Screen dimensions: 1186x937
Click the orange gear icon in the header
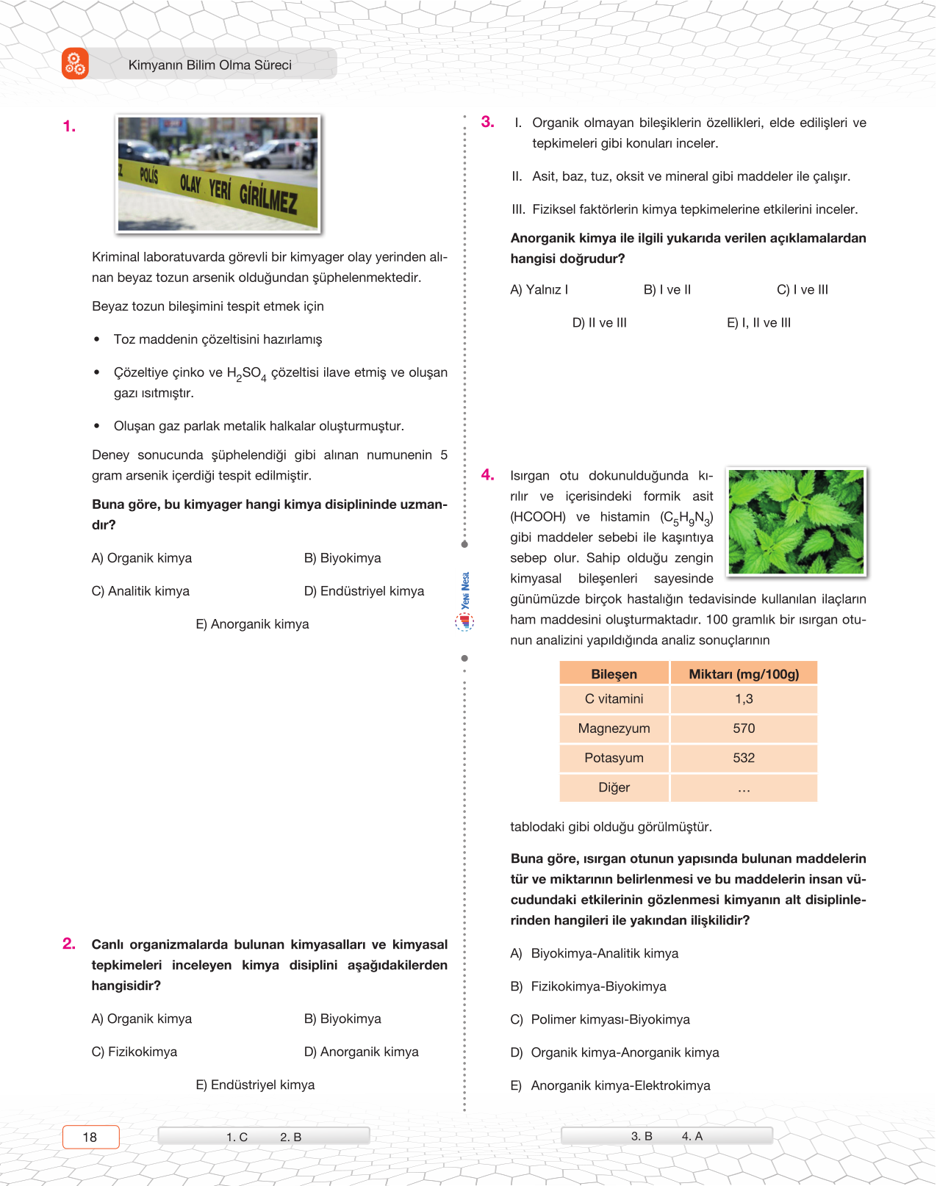point(75,64)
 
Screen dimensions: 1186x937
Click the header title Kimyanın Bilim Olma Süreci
point(209,65)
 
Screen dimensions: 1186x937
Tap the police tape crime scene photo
point(218,174)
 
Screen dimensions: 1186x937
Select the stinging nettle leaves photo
point(796,521)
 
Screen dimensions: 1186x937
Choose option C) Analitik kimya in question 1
point(140,591)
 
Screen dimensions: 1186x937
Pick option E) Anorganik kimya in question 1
point(252,624)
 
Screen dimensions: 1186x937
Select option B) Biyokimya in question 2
point(342,1019)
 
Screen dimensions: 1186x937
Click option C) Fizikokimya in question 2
point(134,1052)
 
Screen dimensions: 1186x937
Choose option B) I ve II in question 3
point(667,289)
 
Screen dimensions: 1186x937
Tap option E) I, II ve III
point(758,322)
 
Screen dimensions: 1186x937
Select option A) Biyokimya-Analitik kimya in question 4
point(595,953)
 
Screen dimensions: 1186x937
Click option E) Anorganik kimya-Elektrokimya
point(610,1085)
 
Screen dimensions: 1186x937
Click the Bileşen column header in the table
point(614,674)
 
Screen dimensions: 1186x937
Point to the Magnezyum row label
point(614,728)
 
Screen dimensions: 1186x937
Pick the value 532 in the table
point(744,758)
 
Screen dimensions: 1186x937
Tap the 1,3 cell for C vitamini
point(744,699)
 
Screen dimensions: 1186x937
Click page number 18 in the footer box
point(90,1137)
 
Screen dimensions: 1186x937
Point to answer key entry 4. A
point(692,1136)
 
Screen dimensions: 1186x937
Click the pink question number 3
point(488,122)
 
